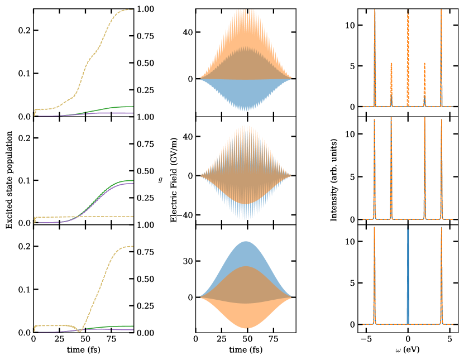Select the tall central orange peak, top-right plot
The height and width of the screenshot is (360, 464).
(408, 56)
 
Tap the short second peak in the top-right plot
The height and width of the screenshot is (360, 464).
(391, 84)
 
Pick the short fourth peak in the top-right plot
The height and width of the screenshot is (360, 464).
(424, 84)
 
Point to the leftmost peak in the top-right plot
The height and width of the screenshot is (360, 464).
(375, 56)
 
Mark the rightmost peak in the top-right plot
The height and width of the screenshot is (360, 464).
(441, 56)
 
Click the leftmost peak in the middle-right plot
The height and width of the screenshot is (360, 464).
(375, 167)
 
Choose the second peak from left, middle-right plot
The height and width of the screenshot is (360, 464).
(391, 167)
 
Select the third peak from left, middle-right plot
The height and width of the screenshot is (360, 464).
(424, 167)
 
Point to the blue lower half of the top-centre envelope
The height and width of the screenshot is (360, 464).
(246, 95)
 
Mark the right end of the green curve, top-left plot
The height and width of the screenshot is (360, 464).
(132, 106)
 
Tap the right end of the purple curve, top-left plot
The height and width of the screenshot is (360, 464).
(132, 113)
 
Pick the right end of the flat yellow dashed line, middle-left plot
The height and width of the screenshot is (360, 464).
(132, 217)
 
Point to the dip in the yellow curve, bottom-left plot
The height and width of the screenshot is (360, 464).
(80, 330)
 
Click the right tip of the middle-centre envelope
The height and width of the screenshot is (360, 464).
(291, 176)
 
